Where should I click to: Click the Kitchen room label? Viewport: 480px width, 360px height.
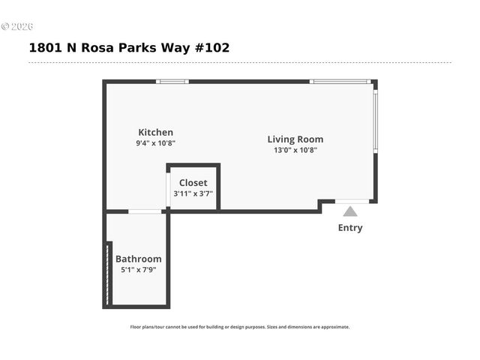click(155, 132)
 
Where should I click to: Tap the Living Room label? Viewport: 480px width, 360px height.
click(295, 139)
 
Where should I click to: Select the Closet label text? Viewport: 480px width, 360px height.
click(193, 182)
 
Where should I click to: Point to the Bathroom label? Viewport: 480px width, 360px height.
click(138, 259)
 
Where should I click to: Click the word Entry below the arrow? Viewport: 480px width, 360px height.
click(350, 228)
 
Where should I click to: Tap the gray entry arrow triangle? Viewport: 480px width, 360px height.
click(350, 211)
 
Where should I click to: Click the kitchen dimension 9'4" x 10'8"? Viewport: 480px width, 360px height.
click(155, 142)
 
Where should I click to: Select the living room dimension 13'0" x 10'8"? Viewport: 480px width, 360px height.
click(295, 149)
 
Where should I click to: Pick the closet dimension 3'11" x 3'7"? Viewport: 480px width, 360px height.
click(193, 193)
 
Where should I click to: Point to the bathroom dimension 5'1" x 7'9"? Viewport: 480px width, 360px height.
click(138, 270)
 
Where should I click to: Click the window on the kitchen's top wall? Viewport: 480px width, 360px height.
click(172, 81)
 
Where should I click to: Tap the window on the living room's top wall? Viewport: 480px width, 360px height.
click(340, 81)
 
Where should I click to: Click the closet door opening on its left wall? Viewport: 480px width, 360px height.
click(168, 190)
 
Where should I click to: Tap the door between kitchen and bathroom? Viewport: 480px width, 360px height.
click(145, 211)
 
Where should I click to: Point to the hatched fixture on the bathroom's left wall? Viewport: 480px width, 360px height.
click(109, 273)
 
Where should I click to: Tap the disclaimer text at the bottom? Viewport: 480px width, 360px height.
click(240, 327)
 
